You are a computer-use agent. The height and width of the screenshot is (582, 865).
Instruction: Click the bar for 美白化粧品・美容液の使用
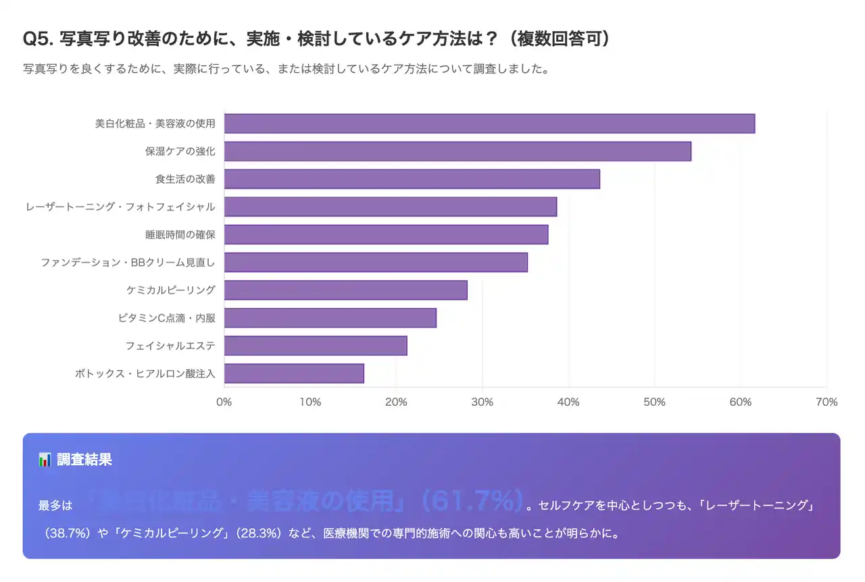(x=489, y=124)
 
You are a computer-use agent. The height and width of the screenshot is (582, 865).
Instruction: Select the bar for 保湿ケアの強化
(x=458, y=151)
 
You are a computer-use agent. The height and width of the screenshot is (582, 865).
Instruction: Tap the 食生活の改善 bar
(x=412, y=179)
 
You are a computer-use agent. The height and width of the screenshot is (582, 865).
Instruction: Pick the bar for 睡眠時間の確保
(x=386, y=234)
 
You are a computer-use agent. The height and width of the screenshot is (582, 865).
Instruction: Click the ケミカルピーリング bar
(x=345, y=290)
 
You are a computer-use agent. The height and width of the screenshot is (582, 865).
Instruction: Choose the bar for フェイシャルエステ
(x=316, y=345)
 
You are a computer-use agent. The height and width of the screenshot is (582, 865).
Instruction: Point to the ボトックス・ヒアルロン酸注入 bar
(x=294, y=373)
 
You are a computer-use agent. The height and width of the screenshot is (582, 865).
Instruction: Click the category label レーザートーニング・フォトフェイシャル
(x=120, y=207)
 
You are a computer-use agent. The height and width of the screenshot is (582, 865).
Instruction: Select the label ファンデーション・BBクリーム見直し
(x=128, y=262)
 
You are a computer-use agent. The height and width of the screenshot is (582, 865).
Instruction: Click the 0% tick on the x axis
(x=224, y=402)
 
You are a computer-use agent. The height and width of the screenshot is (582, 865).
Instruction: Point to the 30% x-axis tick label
(x=482, y=402)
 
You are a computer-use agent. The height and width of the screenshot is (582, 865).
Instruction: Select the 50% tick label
(x=654, y=402)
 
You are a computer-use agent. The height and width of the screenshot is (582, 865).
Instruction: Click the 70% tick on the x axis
(x=826, y=402)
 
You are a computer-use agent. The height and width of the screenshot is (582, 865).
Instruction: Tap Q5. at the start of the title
(x=39, y=39)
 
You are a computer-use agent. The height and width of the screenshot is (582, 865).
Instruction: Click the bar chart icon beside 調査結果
(x=45, y=460)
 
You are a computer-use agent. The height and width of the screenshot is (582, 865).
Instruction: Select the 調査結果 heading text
(x=84, y=460)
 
